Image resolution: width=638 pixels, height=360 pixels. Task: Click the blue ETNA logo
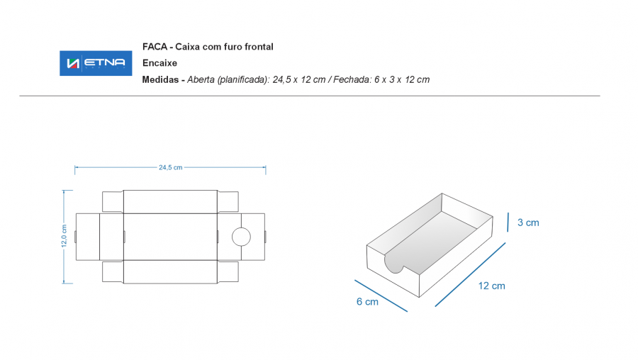click(x=96, y=63)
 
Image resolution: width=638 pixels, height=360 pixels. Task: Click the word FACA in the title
click(x=155, y=47)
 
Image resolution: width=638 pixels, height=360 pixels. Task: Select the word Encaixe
click(x=160, y=63)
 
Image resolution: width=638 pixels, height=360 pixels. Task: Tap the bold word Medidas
click(x=160, y=80)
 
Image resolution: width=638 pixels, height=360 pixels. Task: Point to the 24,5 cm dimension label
click(x=170, y=167)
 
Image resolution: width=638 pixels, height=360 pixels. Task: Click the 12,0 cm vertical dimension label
click(x=64, y=236)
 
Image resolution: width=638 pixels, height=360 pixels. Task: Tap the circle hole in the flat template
click(x=241, y=237)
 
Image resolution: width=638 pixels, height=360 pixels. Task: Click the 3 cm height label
click(x=528, y=223)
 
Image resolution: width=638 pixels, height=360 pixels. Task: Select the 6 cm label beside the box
click(x=367, y=301)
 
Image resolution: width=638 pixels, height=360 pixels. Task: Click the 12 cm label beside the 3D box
click(x=491, y=286)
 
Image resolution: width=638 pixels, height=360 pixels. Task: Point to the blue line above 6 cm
click(x=381, y=296)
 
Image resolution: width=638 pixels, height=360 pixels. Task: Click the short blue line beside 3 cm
click(x=508, y=222)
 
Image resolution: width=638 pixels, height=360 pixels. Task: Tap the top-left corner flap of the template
click(x=113, y=201)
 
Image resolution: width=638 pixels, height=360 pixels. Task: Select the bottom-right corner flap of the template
click(x=228, y=271)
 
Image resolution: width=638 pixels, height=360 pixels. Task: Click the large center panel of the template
click(x=170, y=237)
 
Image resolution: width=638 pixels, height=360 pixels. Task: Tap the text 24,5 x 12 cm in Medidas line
click(x=299, y=80)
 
